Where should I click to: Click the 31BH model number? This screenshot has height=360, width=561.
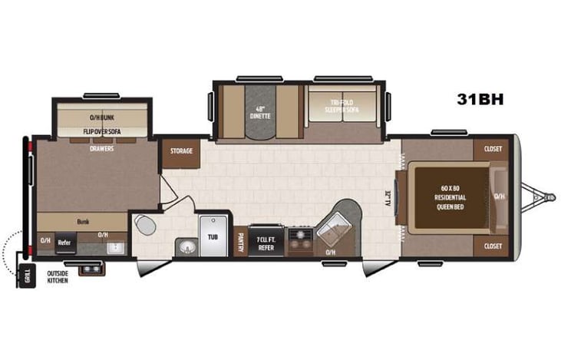pyautogui.click(x=480, y=99)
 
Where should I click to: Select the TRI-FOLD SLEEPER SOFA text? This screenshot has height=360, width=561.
pyautogui.click(x=342, y=106)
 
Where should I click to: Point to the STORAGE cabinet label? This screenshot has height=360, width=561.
pyautogui.click(x=181, y=152)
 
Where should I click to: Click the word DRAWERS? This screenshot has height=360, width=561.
pyautogui.click(x=102, y=148)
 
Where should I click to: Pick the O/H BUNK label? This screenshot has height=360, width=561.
pyautogui.click(x=102, y=117)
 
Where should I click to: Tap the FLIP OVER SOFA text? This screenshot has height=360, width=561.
pyautogui.click(x=102, y=131)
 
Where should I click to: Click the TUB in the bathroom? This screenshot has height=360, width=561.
pyautogui.click(x=213, y=236)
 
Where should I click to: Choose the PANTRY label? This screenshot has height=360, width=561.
pyautogui.click(x=240, y=243)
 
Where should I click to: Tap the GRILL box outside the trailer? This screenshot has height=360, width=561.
pyautogui.click(x=28, y=276)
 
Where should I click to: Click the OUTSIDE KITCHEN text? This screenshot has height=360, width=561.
pyautogui.click(x=58, y=277)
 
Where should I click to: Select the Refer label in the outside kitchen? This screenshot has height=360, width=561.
pyautogui.click(x=64, y=243)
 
